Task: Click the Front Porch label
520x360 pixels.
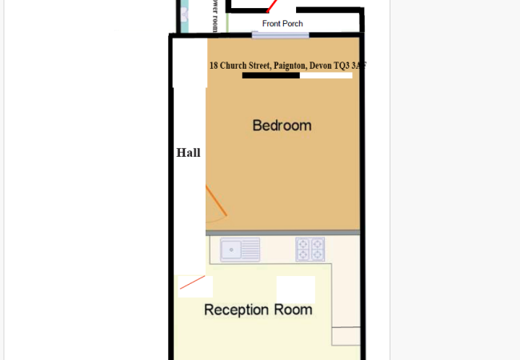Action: (282, 23)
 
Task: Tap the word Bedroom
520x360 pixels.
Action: (282, 126)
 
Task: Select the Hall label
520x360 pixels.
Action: (188, 153)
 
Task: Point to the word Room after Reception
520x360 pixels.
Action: (294, 310)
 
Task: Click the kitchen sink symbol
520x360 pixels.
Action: (240, 250)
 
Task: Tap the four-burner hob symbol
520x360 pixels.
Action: (310, 250)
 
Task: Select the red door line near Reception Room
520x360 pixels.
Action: (192, 282)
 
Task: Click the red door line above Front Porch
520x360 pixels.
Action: (273, 6)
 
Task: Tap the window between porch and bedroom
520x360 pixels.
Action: (269, 34)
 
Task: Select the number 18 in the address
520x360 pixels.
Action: (214, 66)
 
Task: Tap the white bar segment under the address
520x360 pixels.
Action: (326, 76)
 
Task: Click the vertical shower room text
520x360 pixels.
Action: (214, 16)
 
